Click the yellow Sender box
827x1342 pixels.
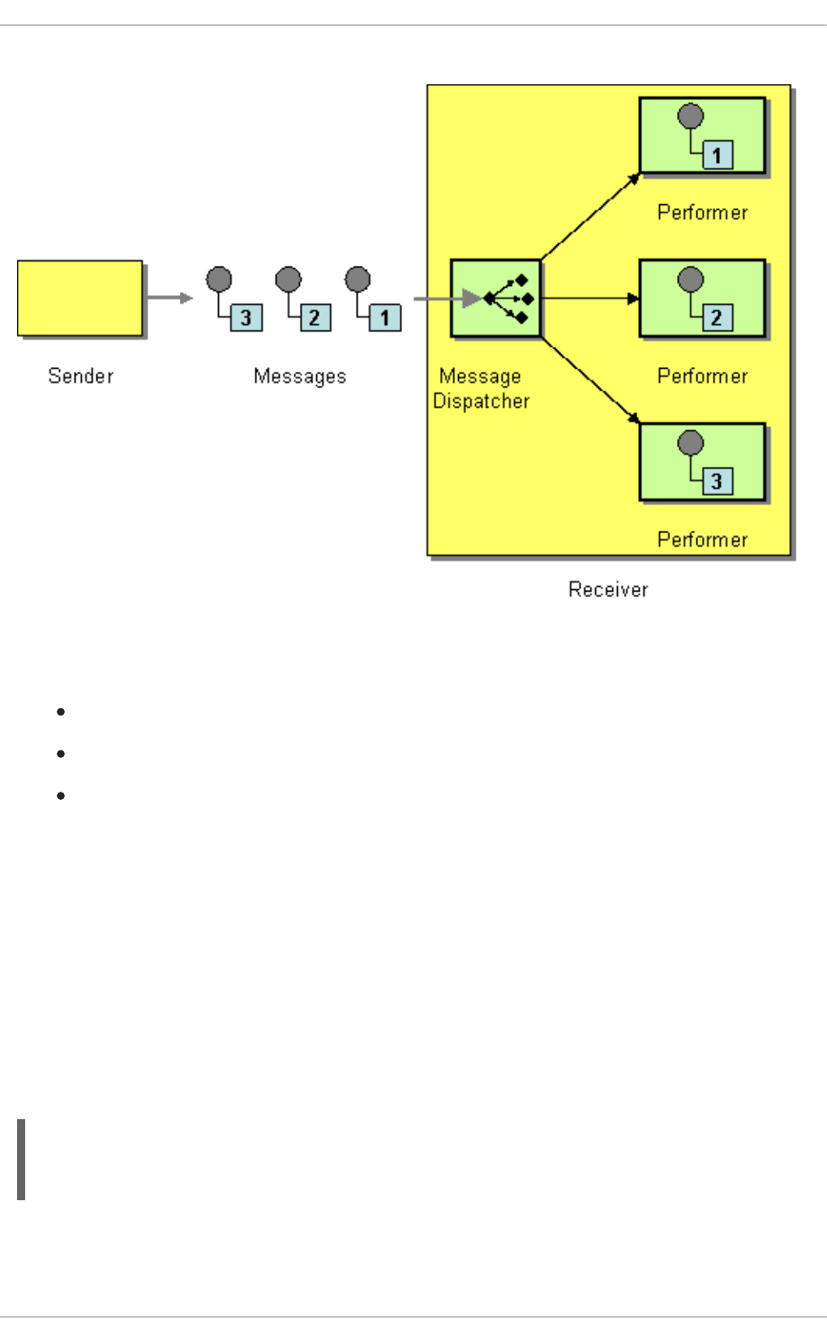79,297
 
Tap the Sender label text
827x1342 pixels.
80,376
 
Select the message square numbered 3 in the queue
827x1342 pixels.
246,318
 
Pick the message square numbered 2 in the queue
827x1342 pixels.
315,318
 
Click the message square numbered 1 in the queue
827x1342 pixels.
384,318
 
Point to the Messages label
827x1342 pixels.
299,376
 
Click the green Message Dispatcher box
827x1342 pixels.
495,297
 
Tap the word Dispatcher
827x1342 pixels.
481,401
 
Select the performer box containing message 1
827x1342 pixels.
702,135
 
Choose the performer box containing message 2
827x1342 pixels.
702,297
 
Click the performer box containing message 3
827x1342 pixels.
702,461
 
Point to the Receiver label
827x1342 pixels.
608,589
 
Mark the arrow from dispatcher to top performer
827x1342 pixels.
590,216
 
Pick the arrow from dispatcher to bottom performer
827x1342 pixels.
590,380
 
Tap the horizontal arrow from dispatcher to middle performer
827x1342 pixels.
589,298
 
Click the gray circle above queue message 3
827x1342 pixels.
219,280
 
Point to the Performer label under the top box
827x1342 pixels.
702,212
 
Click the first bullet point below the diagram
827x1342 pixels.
61,712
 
